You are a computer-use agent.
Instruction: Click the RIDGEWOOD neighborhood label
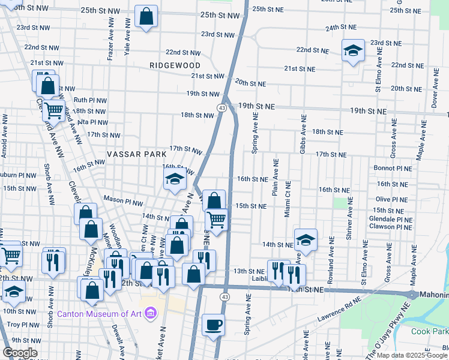click(x=175, y=64)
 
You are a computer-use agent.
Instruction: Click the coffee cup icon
click(x=213, y=325)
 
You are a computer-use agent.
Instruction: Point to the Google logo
click(x=20, y=352)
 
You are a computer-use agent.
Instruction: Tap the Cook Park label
click(x=429, y=331)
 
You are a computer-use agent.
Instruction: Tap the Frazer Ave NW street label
click(x=110, y=40)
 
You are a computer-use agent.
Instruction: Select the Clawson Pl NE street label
click(x=391, y=227)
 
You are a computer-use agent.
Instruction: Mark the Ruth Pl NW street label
click(x=90, y=100)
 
